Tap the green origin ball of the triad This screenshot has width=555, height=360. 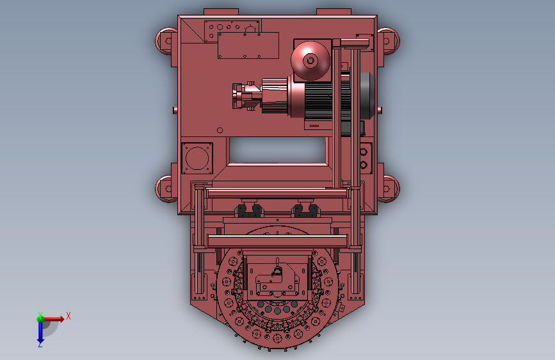coord(40,318)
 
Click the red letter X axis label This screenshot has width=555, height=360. coord(68,316)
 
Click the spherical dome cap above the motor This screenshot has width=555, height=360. coord(310,60)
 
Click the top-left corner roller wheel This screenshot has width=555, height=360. coord(165,40)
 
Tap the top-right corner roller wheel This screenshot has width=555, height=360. coord(389,40)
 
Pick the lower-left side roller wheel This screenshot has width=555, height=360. coord(166,189)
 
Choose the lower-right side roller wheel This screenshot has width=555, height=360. coord(389,188)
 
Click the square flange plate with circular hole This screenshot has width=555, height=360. coord(197,158)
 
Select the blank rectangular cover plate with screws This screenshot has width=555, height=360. coord(248,45)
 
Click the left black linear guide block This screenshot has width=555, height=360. coord(250,211)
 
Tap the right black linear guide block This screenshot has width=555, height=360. coord(306,211)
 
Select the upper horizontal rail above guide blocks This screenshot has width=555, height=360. coord(277,193)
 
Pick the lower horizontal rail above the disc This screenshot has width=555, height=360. coord(277,241)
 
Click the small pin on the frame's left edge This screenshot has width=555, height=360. coord(175,110)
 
